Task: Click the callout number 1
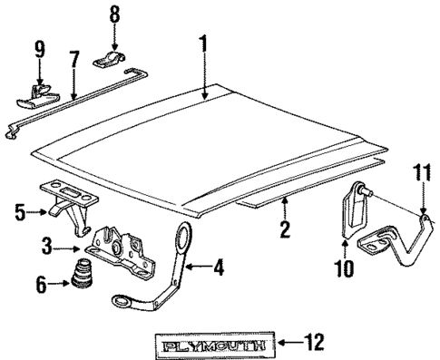pos(204,43)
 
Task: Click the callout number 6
pos(39,284)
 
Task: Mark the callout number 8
pos(114,15)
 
